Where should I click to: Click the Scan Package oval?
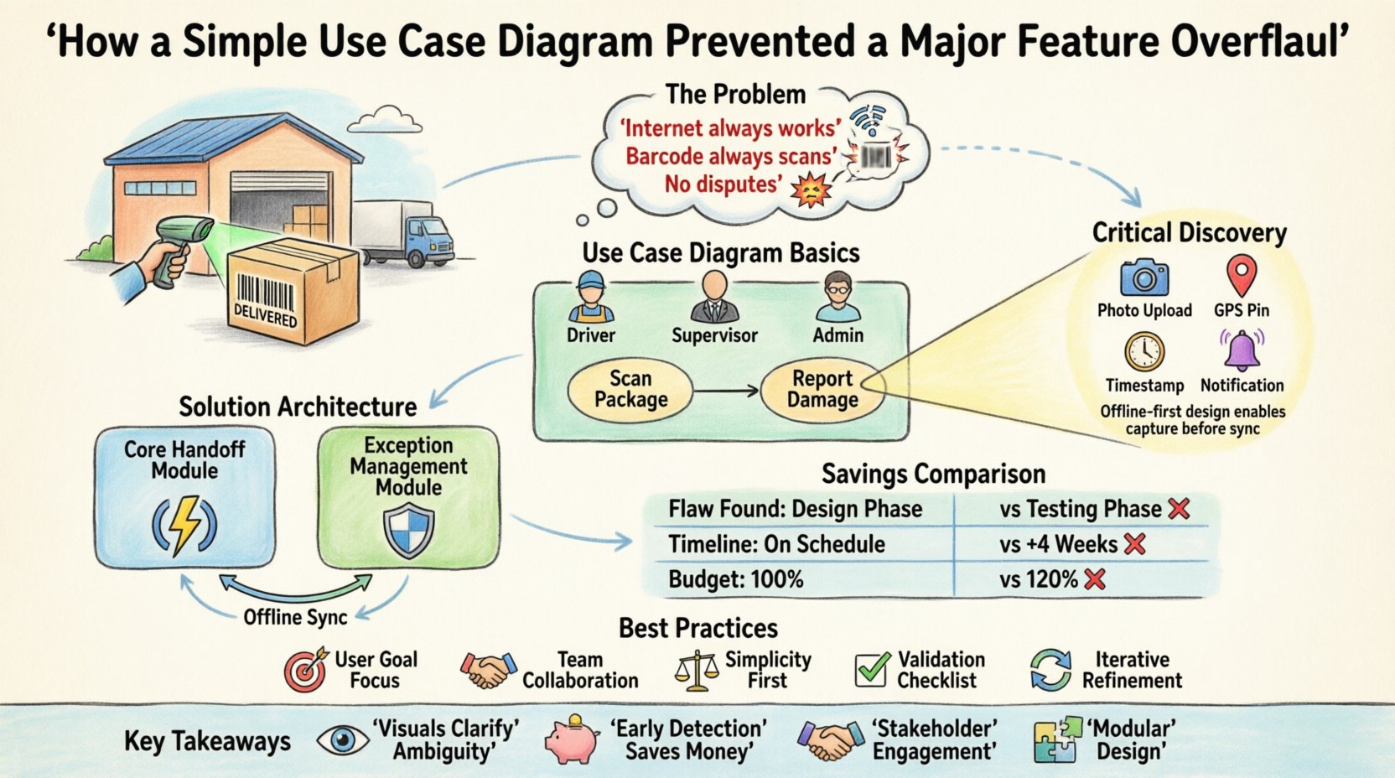[630, 390]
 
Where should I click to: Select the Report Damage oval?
[822, 390]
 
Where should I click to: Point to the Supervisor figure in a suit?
[714, 298]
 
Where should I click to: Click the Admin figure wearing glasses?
[838, 298]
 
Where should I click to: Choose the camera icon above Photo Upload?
[1144, 277]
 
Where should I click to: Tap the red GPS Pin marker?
[1242, 277]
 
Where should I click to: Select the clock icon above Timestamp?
[1144, 352]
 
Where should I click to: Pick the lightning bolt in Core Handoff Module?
[184, 526]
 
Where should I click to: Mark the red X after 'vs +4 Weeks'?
[1134, 544]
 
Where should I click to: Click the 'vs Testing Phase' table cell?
[1081, 509]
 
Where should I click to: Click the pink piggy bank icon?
[572, 740]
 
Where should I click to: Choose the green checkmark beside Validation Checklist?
[872, 669]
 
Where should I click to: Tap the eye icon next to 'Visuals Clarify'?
[343, 740]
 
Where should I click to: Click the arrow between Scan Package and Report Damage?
[726, 391]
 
